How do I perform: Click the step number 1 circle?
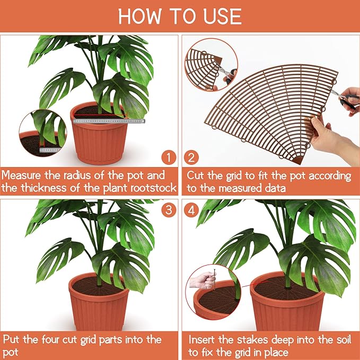pyautogui.click(x=169, y=157)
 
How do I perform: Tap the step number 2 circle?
pyautogui.click(x=191, y=157)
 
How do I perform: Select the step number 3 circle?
pyautogui.click(x=169, y=209)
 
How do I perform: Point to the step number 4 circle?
pyautogui.click(x=191, y=209)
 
